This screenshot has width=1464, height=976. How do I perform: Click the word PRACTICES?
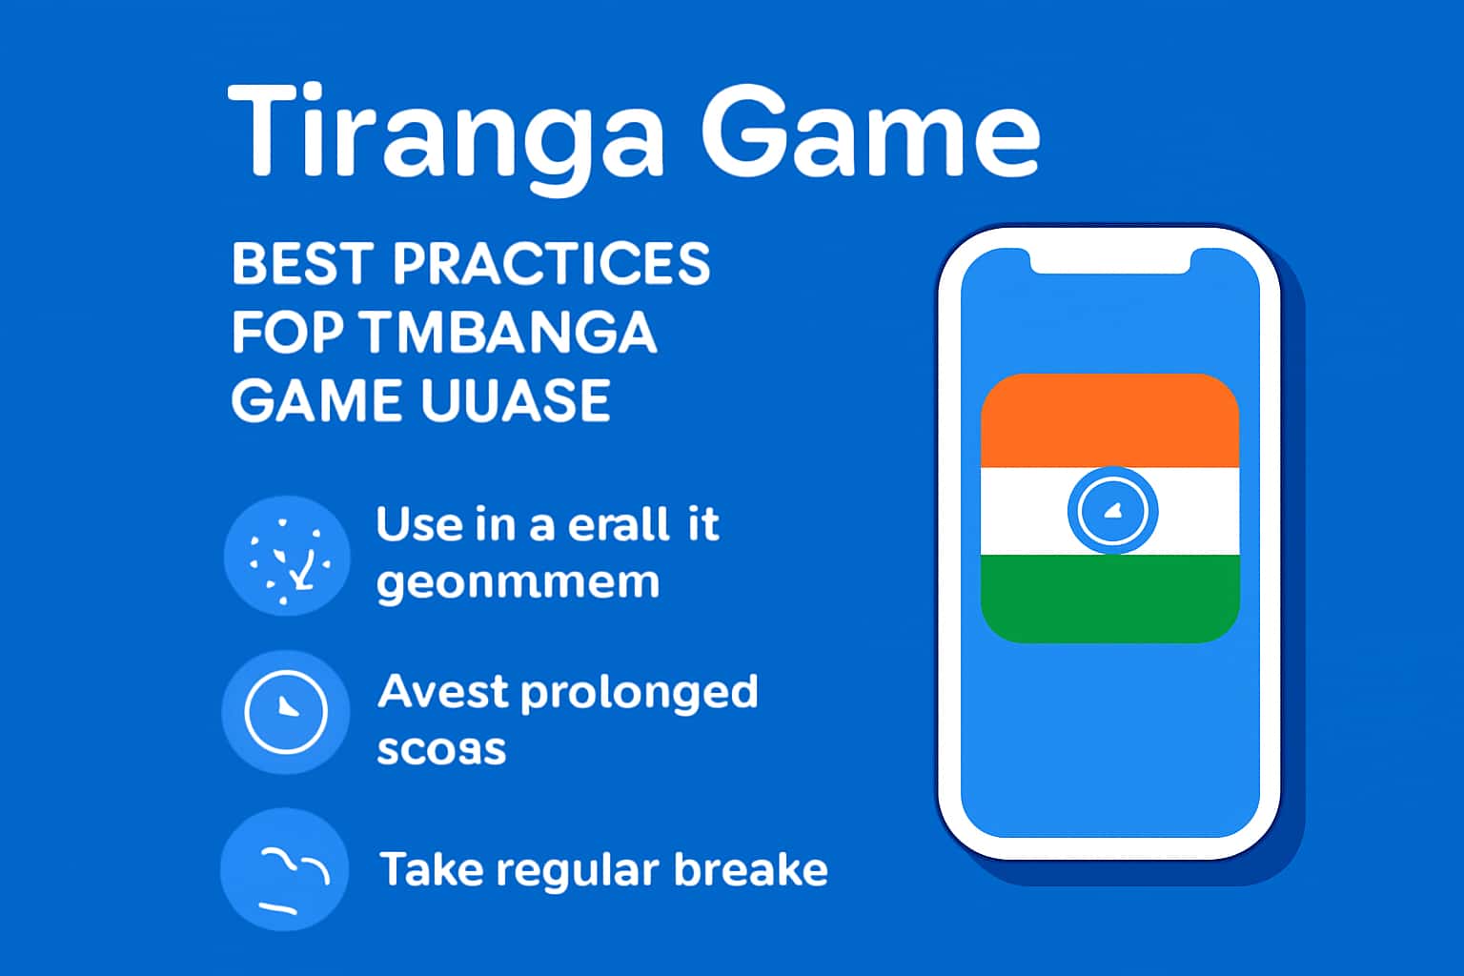tap(551, 264)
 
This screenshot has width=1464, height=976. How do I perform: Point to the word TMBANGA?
tap(509, 333)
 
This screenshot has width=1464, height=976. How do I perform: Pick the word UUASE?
tap(515, 400)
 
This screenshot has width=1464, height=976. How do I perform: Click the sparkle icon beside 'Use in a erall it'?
tap(287, 556)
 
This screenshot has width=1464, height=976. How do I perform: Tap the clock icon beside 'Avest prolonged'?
tap(286, 711)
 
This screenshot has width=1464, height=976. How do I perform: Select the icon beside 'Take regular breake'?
tap(285, 869)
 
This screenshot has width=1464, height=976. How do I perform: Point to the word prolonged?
tap(640, 693)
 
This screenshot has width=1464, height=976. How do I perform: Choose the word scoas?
tap(440, 750)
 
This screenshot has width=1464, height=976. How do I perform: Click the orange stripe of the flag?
tap(1109, 421)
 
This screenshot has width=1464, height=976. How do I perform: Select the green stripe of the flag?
tap(1109, 599)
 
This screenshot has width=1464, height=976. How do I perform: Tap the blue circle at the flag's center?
tap(1112, 510)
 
